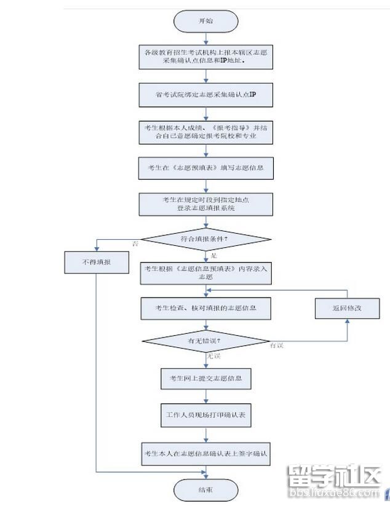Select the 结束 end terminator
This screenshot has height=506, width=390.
point(205,490)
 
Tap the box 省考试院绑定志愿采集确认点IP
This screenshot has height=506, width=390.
point(205,95)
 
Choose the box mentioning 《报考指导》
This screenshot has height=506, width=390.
point(205,132)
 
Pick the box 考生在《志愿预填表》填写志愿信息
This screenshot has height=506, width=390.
point(205,167)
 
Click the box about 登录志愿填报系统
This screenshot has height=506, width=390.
point(205,204)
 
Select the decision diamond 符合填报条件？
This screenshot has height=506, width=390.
point(205,239)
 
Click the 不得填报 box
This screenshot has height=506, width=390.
point(97,263)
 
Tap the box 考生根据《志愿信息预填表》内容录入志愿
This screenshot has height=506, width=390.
point(205,272)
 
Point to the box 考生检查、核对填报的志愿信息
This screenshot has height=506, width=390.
point(205,307)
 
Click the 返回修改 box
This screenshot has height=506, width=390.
point(347,307)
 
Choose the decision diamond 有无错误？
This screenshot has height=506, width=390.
point(205,341)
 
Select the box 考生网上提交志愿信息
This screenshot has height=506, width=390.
point(205,378)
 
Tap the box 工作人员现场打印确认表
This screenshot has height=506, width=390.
point(205,415)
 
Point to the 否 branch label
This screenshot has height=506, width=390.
point(135,244)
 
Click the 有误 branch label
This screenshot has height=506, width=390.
point(277,346)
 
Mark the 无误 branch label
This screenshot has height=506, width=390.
point(213,356)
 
